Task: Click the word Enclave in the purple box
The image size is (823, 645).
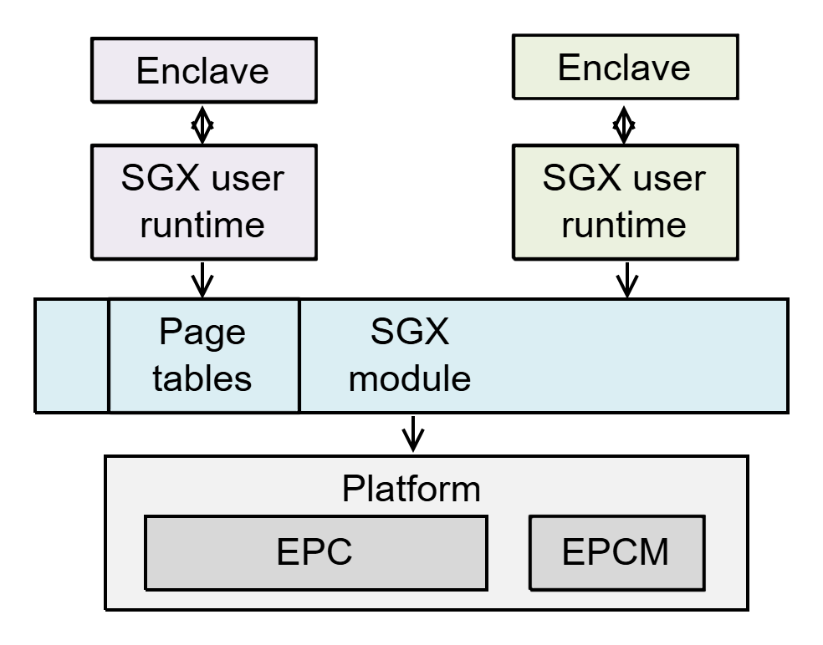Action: pyautogui.click(x=202, y=71)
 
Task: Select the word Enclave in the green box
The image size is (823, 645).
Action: pyautogui.click(x=624, y=68)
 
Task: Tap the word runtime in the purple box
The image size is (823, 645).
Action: pyautogui.click(x=202, y=225)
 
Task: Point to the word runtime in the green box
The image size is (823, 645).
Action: pyautogui.click(x=624, y=225)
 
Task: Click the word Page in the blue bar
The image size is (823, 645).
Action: pyautogui.click(x=202, y=333)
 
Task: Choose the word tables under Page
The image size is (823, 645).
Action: pyautogui.click(x=202, y=378)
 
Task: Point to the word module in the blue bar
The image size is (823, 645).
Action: pyautogui.click(x=410, y=378)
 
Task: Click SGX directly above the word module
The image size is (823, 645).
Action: pyautogui.click(x=410, y=333)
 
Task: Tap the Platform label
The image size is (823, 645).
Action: pyautogui.click(x=411, y=489)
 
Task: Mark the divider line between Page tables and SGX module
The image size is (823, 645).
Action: pyautogui.click(x=299, y=356)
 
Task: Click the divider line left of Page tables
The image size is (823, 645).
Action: pyautogui.click(x=109, y=356)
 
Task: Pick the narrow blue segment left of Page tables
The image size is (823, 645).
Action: pyautogui.click(x=73, y=356)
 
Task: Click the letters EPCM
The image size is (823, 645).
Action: pyautogui.click(x=616, y=552)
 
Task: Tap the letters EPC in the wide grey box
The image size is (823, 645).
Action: pyautogui.click(x=314, y=552)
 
